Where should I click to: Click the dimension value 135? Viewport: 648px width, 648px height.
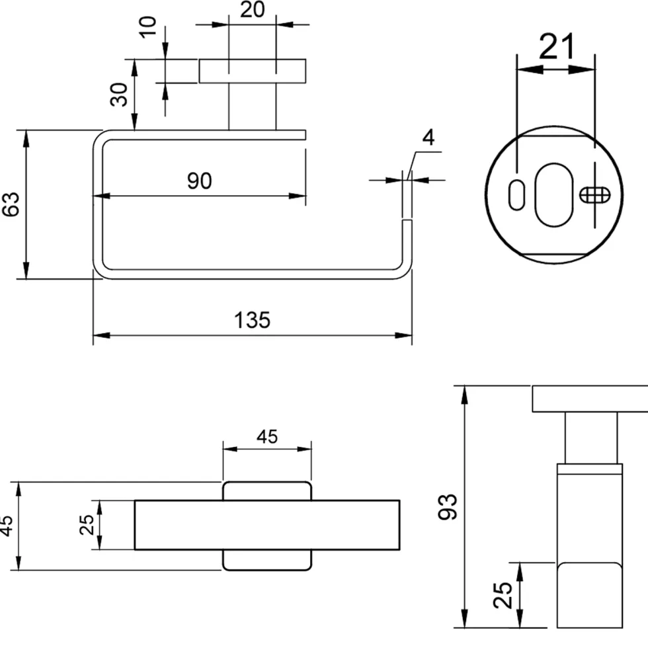click(x=252, y=320)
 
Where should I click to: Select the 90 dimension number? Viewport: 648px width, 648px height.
click(x=200, y=181)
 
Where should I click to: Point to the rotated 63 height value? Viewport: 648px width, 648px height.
click(x=11, y=204)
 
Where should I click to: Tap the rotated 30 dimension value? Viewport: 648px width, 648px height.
click(x=120, y=95)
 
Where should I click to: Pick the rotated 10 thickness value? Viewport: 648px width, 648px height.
click(x=147, y=27)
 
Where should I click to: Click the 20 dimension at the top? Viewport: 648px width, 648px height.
click(x=252, y=9)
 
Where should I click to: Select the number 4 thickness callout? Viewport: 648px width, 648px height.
click(x=428, y=138)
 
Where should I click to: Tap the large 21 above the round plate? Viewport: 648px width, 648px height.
click(x=557, y=47)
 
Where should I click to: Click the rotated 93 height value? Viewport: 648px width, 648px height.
click(x=448, y=506)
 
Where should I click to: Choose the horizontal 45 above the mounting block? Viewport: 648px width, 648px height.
click(x=267, y=437)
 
